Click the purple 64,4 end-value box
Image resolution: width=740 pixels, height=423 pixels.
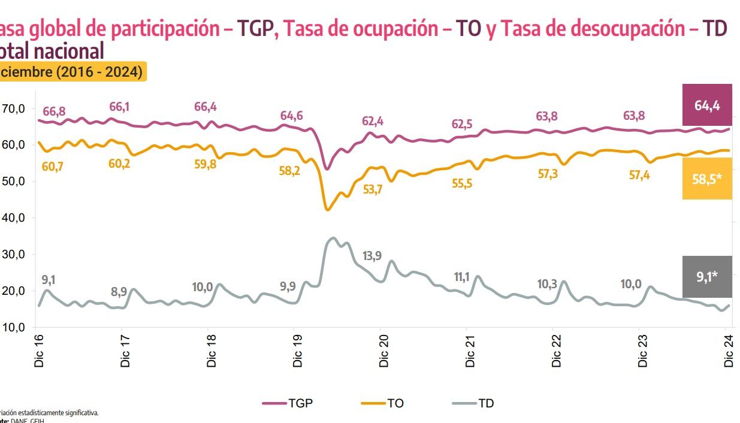707,105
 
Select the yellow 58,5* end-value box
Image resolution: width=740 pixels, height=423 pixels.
707,179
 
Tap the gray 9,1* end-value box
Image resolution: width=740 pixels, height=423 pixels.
707,277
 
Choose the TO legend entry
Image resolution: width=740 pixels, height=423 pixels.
383,403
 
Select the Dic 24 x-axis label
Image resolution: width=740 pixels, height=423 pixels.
729,350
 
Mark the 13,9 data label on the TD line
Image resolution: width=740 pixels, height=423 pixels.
372,256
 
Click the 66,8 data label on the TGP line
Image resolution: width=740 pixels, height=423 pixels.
54,111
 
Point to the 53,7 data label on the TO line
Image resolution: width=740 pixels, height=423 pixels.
372,189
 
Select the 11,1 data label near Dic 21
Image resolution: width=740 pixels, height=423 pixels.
461,277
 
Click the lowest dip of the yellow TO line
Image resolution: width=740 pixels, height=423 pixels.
327,210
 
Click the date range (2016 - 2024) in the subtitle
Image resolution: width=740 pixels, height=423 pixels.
99,72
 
